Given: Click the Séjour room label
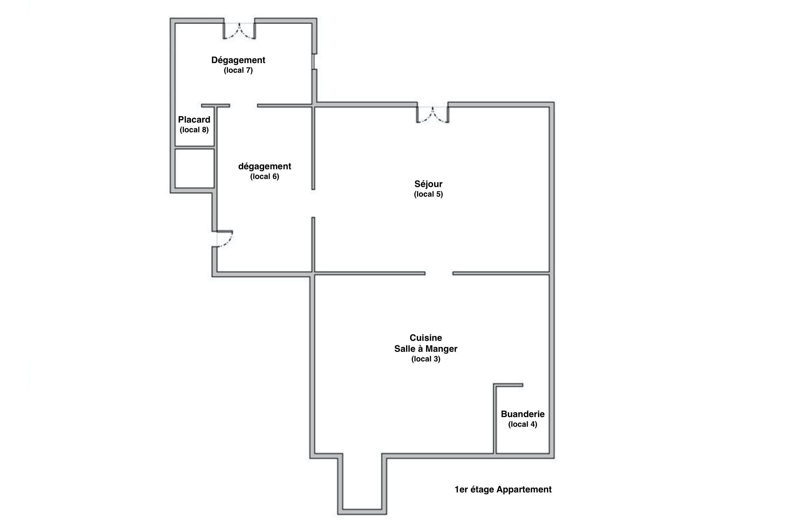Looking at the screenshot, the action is coord(428,184).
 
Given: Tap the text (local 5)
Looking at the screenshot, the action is coord(428,194).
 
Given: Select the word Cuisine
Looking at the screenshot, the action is coord(426,338).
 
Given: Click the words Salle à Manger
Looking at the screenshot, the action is coord(426,349).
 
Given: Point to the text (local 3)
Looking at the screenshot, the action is coord(426,359).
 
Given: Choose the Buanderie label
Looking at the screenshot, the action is coord(523,414).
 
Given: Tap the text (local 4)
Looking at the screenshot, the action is coord(523,424).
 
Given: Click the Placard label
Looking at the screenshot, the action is coord(194,119).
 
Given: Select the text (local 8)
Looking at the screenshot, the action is coord(194,130).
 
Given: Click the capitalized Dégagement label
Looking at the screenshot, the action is coord(238,60).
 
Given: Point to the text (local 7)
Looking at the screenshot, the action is coord(238,70).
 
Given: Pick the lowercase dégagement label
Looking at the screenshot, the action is coord(264,166).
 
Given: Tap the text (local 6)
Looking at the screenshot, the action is coord(264,176).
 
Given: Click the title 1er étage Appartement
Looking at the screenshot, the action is coord(503,489).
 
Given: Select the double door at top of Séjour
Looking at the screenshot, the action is coord(433,114).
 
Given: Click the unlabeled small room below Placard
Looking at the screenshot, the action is coord(195,168).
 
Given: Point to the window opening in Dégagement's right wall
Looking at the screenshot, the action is coord(314,62).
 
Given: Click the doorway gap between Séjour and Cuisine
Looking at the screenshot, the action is coord(439,273).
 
